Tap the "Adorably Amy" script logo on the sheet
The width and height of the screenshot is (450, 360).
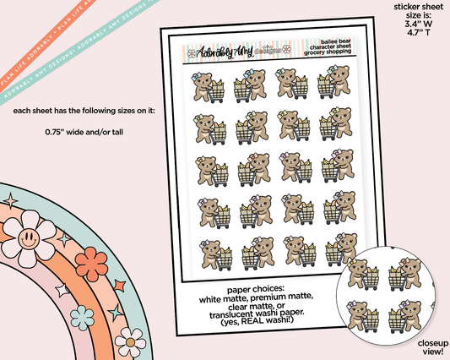pyautogui.click(x=207, y=56)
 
